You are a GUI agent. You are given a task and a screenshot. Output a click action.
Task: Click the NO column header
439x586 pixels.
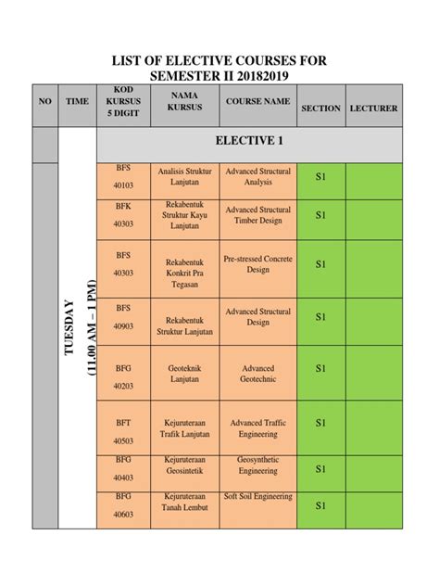click(x=44, y=108)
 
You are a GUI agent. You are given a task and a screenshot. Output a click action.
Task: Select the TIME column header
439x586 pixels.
click(x=77, y=108)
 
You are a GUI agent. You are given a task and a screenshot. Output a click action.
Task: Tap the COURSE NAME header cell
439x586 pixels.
click(x=257, y=102)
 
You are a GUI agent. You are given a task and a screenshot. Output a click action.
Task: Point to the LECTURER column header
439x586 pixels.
click(x=373, y=108)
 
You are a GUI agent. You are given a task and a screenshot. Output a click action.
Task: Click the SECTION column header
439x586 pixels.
click(x=320, y=108)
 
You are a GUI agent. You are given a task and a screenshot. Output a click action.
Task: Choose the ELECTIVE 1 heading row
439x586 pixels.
click(x=248, y=142)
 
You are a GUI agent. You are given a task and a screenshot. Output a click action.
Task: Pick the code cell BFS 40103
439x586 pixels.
click(x=123, y=177)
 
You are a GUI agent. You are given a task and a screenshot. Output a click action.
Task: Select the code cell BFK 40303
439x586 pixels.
click(x=123, y=215)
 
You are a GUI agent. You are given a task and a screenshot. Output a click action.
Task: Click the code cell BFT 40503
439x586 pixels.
click(x=123, y=431)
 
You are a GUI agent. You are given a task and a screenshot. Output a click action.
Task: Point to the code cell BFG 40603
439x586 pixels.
click(x=123, y=505)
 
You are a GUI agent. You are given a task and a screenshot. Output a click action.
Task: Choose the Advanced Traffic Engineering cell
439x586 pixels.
click(x=257, y=428)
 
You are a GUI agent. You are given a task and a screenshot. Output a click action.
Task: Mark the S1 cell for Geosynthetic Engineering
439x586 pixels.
click(x=320, y=469)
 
